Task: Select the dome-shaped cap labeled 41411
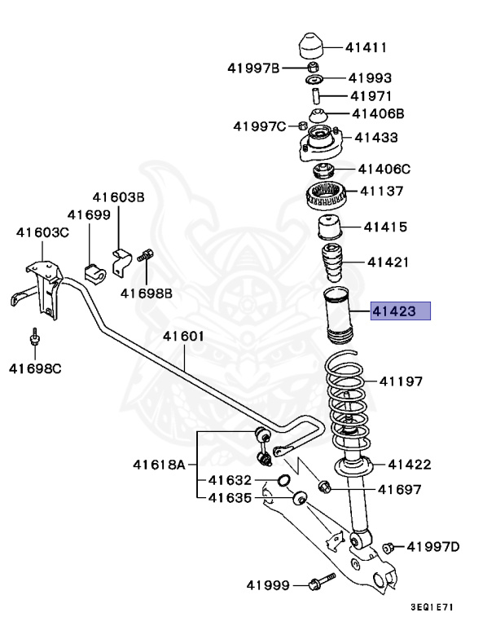[312, 46]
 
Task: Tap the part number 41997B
[253, 68]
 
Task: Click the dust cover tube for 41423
[336, 314]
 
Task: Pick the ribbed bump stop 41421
[333, 262]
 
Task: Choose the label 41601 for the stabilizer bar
[182, 336]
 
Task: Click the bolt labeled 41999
[318, 584]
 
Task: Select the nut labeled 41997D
[388, 547]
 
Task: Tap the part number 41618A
[160, 465]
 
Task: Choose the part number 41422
[409, 465]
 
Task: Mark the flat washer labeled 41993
[315, 80]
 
